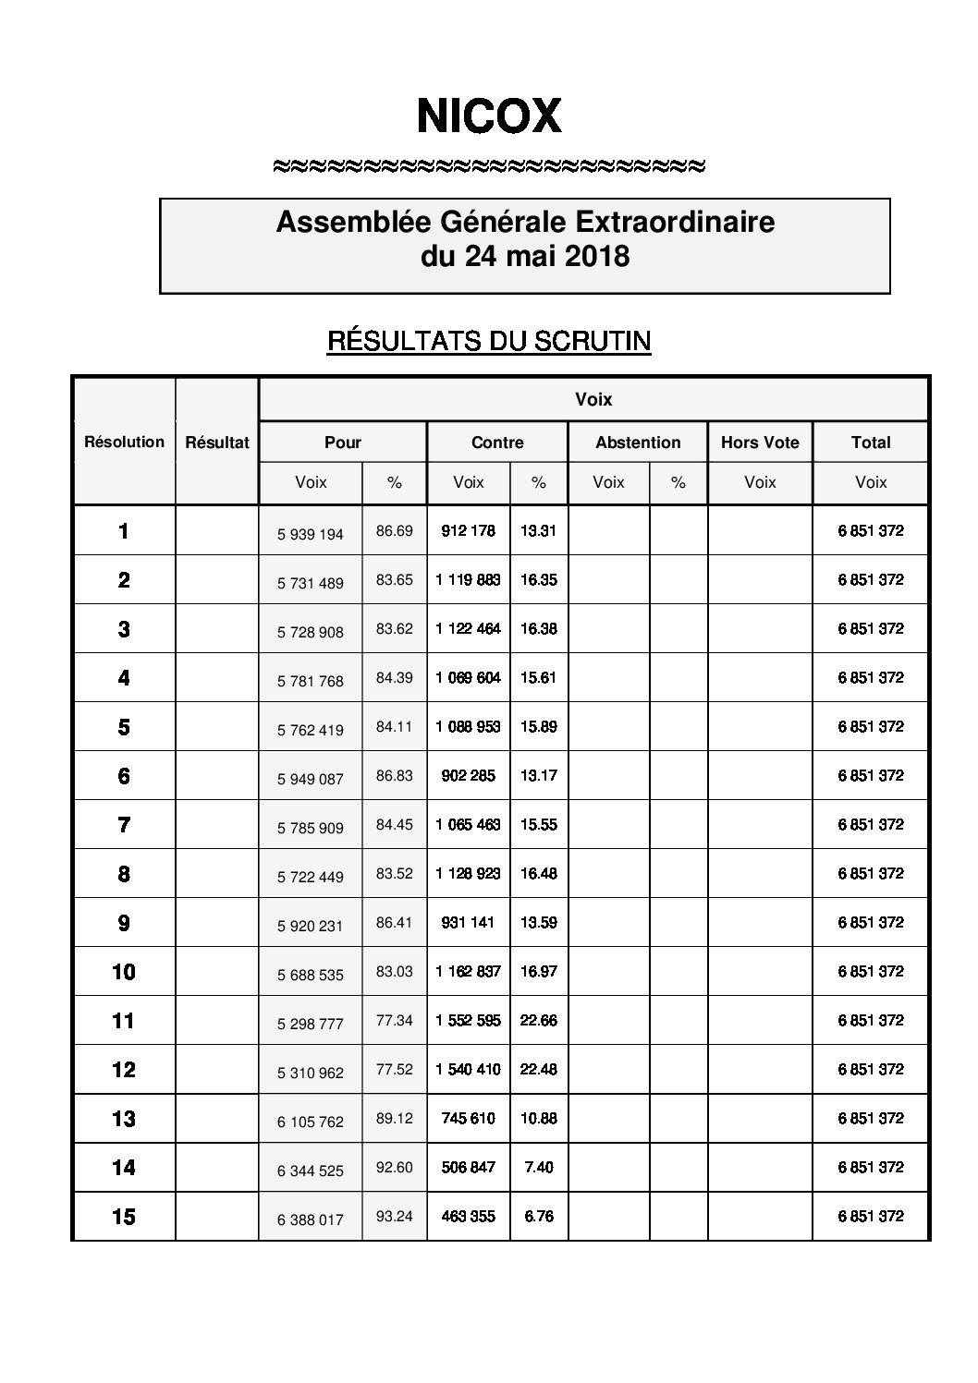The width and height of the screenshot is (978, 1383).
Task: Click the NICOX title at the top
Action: (x=489, y=116)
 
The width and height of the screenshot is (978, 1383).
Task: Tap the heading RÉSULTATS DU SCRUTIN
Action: (x=489, y=342)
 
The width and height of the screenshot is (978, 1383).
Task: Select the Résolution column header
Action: (x=124, y=442)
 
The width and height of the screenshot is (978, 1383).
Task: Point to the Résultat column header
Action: (x=217, y=443)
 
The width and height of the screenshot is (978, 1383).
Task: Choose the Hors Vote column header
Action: (x=760, y=443)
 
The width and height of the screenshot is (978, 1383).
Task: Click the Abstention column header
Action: (x=638, y=443)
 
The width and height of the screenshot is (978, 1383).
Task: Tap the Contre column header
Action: (x=497, y=443)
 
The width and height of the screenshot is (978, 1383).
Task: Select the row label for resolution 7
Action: (x=124, y=825)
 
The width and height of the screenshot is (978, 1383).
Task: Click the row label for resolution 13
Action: (x=124, y=1119)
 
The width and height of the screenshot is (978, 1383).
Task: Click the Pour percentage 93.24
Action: (x=395, y=1216)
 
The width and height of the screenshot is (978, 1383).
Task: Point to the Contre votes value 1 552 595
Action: (x=469, y=1021)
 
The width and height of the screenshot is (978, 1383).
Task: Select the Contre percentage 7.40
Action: (x=539, y=1168)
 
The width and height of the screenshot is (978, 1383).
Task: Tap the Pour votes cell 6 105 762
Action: (x=311, y=1122)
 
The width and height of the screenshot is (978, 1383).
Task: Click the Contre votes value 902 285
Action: (x=469, y=776)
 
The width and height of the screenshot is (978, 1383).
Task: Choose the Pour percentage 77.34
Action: (x=395, y=1020)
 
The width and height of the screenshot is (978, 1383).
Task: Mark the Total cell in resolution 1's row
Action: (x=871, y=531)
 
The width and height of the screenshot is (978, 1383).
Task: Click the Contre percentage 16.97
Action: (x=539, y=972)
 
